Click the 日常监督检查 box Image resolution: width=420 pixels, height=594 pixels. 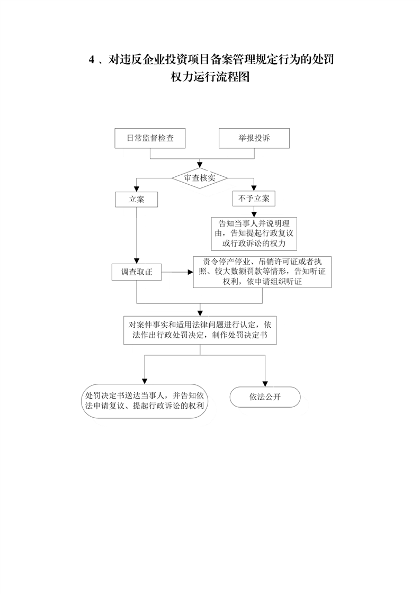[150, 138]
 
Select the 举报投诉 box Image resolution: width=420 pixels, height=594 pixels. [254, 138]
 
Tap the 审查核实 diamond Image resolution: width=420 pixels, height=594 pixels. [200, 178]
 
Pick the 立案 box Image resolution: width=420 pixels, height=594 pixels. [137, 199]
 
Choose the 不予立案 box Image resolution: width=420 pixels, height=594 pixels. [254, 199]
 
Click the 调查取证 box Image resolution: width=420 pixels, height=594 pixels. [137, 272]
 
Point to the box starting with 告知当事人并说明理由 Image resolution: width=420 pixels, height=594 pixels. [254, 234]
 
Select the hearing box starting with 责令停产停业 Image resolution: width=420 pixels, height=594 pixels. [262, 272]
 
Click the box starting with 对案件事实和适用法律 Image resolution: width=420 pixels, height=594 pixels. [200, 330]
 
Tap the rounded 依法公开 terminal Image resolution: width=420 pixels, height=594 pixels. [265, 397]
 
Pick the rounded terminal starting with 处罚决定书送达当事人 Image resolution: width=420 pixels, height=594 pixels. [145, 401]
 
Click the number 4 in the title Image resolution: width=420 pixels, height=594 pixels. [91, 60]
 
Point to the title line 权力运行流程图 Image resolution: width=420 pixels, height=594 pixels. [210, 77]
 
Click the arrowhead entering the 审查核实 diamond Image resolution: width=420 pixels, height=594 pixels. [200, 165]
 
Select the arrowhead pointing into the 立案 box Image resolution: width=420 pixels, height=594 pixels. [137, 189]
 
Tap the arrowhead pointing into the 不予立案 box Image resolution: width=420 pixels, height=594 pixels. [254, 188]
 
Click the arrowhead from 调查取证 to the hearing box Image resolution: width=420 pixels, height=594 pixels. [191, 272]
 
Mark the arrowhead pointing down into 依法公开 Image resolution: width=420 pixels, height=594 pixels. [265, 384]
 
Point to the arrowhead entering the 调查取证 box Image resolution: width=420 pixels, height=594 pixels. [137, 262]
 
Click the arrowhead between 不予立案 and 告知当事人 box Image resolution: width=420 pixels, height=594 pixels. [254, 214]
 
